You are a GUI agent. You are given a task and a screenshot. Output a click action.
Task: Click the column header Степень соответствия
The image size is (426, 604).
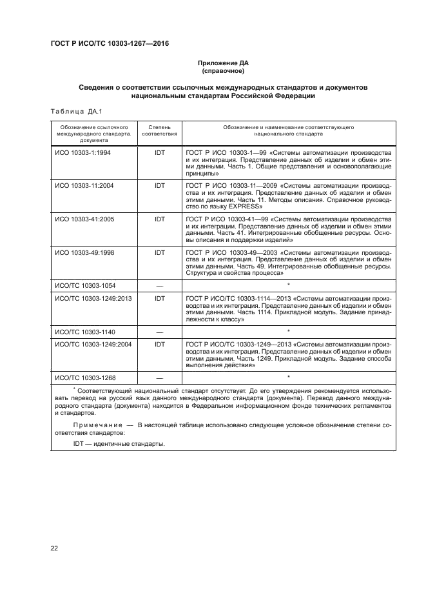pos(159,131)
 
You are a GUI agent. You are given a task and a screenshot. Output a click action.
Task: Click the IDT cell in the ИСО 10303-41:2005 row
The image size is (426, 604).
pos(160,219)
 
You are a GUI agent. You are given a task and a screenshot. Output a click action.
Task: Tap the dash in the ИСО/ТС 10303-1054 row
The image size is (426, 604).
pos(160,285)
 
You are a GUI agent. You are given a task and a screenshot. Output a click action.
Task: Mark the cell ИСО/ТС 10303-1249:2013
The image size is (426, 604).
pos(93,298)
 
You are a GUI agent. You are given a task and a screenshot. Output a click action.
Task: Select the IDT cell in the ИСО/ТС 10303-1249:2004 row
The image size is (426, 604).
pos(160,345)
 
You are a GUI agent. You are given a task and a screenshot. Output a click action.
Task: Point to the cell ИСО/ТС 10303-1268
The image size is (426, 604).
pos(88,377)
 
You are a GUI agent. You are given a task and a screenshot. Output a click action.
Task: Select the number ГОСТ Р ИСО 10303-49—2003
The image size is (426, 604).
pos(229,252)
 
